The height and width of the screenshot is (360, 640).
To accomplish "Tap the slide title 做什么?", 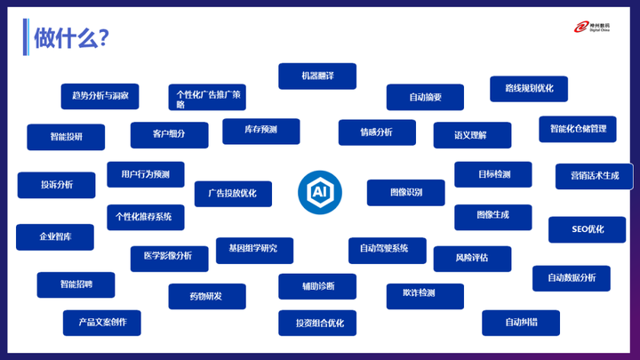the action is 71,37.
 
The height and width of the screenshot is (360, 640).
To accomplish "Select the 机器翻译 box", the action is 317,76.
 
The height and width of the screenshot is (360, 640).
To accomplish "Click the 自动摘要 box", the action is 425,97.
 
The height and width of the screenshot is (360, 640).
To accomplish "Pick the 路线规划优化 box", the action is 529,89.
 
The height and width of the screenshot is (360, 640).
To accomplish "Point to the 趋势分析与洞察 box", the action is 100,96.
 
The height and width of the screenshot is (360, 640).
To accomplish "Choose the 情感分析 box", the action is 377,132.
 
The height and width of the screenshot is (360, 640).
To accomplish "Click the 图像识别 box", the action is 405,192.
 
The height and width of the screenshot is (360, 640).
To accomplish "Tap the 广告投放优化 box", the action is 233,194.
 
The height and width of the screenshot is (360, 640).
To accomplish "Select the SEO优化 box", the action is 587,229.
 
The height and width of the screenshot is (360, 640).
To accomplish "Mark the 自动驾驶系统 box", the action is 387,249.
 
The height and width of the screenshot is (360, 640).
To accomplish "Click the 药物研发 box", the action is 206,296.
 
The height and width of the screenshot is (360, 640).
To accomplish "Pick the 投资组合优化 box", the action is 317,323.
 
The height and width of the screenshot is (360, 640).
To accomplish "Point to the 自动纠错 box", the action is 521,323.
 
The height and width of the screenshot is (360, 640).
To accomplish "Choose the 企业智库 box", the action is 55,237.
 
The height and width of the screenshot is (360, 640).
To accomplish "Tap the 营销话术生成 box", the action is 594,176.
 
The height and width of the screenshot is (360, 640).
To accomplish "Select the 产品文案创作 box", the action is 101,323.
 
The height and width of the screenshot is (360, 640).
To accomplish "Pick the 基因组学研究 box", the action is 253,250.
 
